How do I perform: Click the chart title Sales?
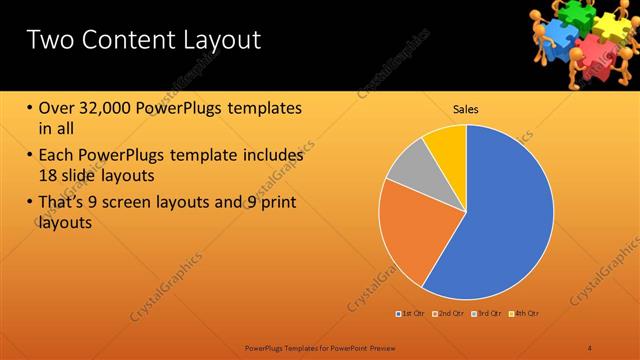click(466, 108)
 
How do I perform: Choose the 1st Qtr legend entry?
click(411, 314)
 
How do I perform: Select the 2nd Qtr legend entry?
click(449, 314)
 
